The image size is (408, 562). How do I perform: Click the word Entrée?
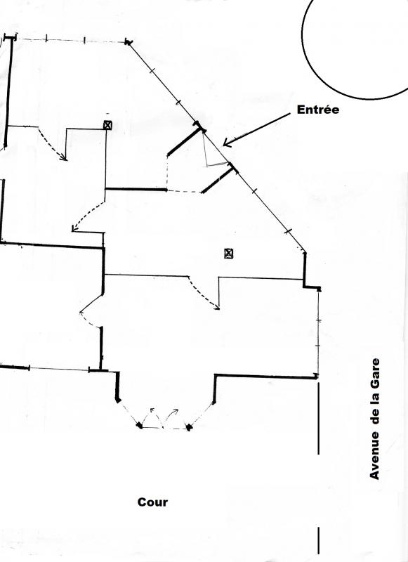(317, 110)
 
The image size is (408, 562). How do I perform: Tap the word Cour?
(152, 502)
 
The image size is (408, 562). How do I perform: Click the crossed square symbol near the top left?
(107, 125)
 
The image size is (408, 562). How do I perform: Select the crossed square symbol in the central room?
(229, 254)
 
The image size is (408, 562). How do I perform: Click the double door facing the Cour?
(164, 420)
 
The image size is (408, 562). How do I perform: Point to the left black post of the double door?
(139, 426)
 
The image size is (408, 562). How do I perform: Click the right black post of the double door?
(189, 427)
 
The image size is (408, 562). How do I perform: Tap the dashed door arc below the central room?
(202, 294)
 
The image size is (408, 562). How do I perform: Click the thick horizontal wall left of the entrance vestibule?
(136, 189)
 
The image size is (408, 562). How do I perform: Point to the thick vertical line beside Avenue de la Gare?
(318, 418)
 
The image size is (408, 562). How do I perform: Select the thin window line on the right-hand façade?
(318, 332)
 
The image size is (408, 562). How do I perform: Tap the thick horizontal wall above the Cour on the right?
(265, 377)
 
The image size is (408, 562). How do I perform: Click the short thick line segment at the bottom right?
(318, 540)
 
